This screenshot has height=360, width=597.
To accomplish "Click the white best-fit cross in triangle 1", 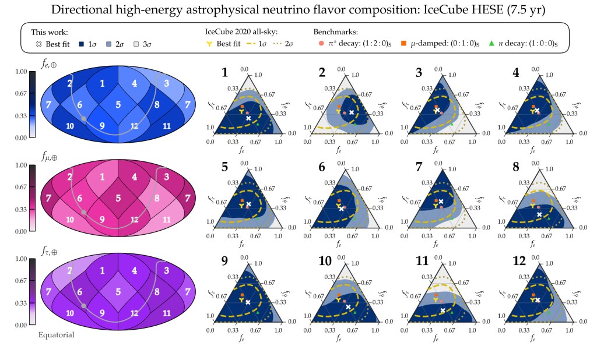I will [248, 118].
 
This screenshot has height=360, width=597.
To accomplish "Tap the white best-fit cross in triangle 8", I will [539, 214].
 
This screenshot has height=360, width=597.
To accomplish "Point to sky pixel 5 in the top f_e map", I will [118, 104].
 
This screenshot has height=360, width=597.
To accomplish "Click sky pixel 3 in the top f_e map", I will [166, 83].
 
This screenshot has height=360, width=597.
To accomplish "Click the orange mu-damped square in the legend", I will [403, 44].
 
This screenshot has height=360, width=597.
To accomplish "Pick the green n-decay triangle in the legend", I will [491, 44].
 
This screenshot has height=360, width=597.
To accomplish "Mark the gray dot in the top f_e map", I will [84, 118].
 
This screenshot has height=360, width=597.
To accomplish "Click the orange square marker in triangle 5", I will [241, 200].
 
